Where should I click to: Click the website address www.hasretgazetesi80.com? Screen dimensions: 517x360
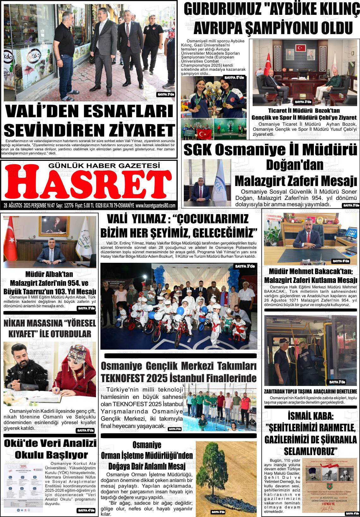click(155, 206)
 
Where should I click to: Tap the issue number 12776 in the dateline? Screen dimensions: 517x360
click(69, 206)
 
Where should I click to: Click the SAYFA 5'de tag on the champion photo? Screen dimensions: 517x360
click(234, 77)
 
